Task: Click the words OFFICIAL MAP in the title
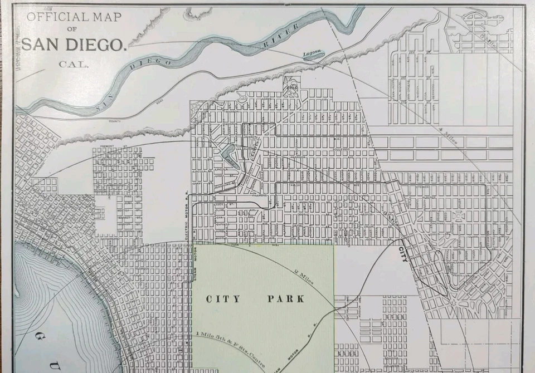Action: point(73,16)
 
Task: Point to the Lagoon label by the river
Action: point(312,55)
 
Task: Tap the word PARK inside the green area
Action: point(286,299)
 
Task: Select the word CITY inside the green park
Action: point(223,299)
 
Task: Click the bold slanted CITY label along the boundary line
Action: point(402,253)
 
